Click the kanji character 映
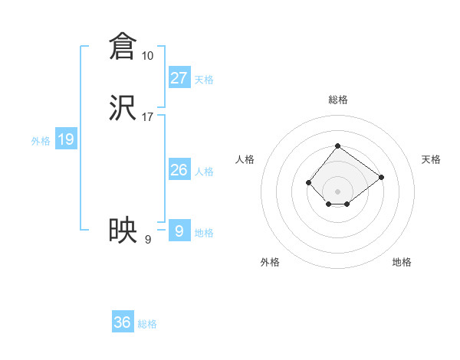123,230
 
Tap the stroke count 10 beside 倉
147,56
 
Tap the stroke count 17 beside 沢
147,117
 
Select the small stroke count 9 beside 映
147,240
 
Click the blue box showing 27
179,77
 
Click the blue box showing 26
179,169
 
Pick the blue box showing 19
66,139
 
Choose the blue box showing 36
123,322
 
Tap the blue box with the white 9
179,231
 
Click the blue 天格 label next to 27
204,80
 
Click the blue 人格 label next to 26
204,172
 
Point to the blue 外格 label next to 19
41,141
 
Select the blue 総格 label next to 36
147,324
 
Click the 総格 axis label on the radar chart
338,100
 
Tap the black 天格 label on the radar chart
431,159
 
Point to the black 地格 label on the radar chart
402,262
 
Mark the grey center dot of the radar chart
338,191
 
